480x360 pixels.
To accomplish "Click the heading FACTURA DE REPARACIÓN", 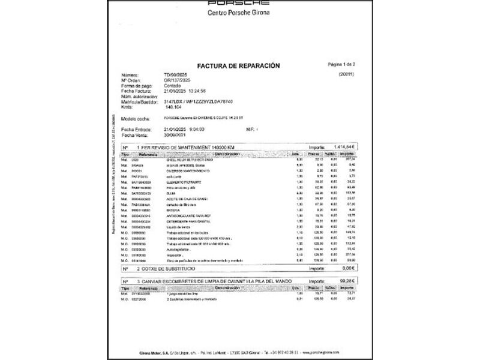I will click(x=238, y=65).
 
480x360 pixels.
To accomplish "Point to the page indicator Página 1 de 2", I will click(x=342, y=64).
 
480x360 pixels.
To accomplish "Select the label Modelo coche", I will click(x=136, y=118).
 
